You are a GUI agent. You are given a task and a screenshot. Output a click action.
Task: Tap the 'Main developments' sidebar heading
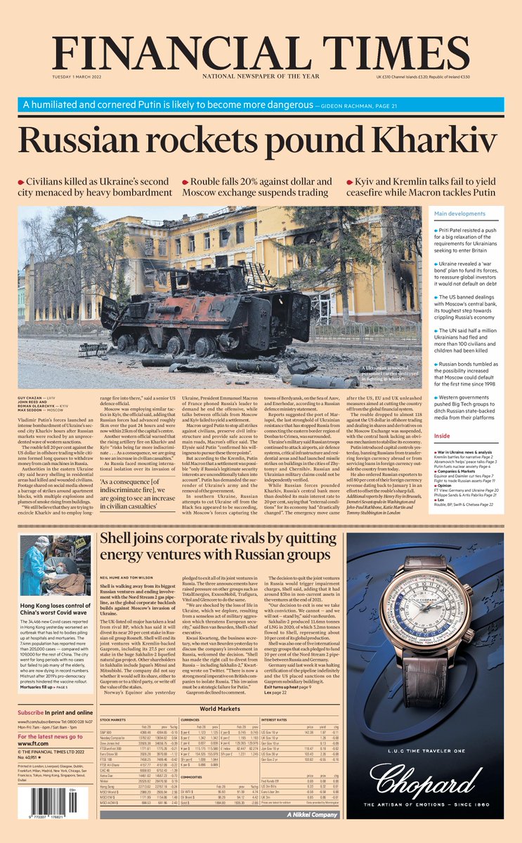pyautogui.click(x=460, y=214)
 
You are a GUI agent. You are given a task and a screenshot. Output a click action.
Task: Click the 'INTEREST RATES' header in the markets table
pyautogui.click(x=275, y=720)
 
